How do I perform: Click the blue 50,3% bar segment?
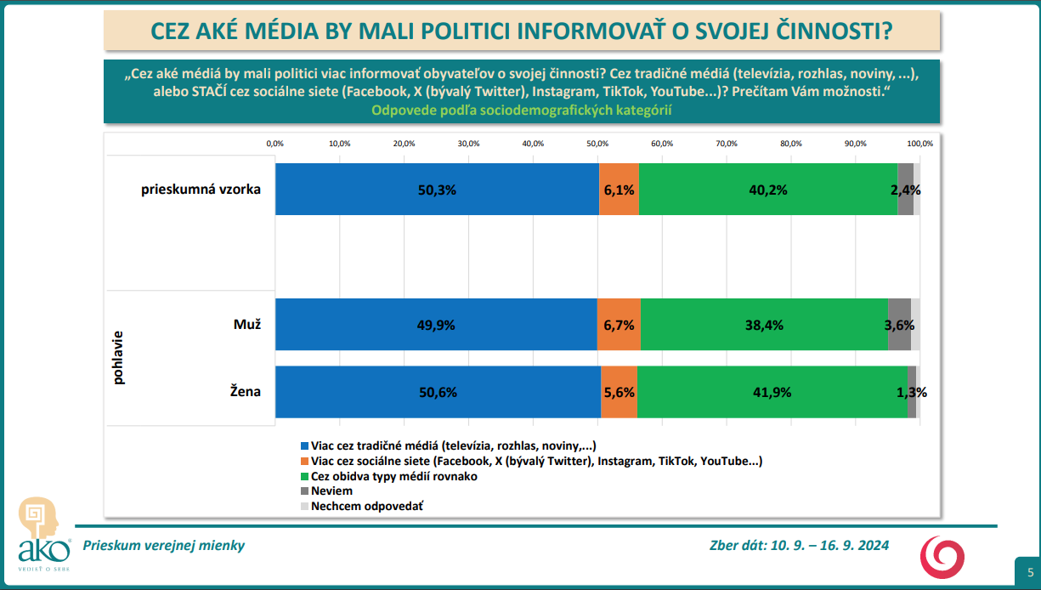(437, 190)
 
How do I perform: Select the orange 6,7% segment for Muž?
(619, 325)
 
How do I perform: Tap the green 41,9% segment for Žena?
(772, 392)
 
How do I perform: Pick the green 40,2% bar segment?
(767, 190)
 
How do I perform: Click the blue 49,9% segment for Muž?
(436, 325)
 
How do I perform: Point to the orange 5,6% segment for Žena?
(619, 392)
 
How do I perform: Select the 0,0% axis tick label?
(274, 144)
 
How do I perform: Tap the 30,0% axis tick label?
(468, 144)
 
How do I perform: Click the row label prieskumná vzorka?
(201, 190)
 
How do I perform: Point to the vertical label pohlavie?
(118, 358)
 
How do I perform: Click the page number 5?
(1030, 571)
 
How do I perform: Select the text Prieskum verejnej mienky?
(163, 546)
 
